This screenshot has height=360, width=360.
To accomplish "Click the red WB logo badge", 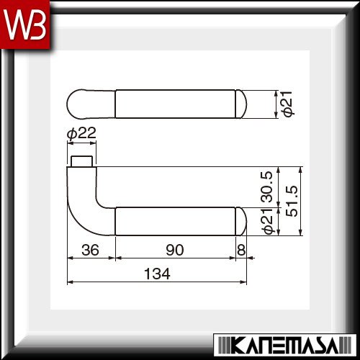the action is [x=25, y=24].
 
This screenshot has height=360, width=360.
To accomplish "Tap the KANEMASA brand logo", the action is [x=285, y=345].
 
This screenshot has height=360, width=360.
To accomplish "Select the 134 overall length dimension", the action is [x=157, y=274].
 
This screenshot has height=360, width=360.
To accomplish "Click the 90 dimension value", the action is [x=175, y=250].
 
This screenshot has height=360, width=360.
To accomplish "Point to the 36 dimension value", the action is [x=90, y=250].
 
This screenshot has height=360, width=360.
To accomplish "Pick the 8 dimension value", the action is [x=241, y=250].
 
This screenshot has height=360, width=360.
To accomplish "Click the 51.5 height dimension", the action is [x=292, y=201].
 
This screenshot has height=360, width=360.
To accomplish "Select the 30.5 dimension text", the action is [x=267, y=186].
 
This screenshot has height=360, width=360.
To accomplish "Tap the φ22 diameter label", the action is [x=81, y=133].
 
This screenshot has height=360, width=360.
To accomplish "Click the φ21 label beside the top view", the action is [x=287, y=104].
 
